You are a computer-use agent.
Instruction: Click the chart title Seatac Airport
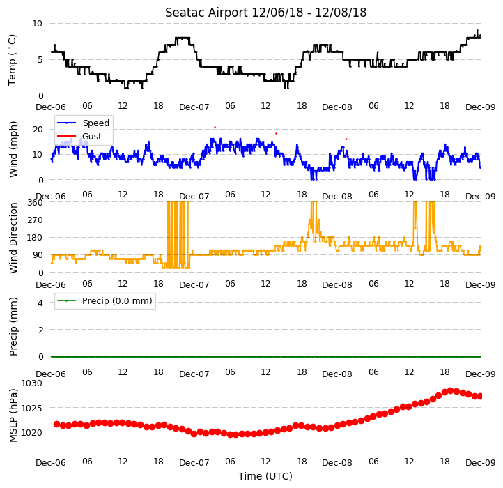pos(207,13)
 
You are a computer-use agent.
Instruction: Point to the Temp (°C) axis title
pos(12,60)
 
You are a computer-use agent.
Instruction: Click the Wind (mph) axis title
pos(13,149)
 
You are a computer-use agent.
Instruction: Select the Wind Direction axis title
pos(13,238)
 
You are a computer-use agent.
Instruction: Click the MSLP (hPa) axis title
pos(13,415)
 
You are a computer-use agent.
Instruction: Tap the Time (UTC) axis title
pos(265,476)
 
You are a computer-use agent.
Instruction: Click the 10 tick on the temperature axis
pos(37,24)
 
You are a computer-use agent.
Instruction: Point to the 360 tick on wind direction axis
pos(36,203)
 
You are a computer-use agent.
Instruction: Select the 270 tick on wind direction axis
pos(36,220)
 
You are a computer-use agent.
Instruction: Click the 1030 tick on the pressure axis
pos(32,383)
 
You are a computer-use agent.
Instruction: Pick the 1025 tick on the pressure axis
pos(32,408)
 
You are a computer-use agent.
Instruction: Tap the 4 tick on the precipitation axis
pos(40,303)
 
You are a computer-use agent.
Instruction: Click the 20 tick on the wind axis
pos(38,130)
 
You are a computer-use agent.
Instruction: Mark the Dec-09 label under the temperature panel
pos(481,107)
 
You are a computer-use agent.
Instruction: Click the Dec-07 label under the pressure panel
pos(194,463)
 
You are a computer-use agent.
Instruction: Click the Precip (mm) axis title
pos(13,326)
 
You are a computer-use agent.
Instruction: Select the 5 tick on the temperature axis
pos(40,60)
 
